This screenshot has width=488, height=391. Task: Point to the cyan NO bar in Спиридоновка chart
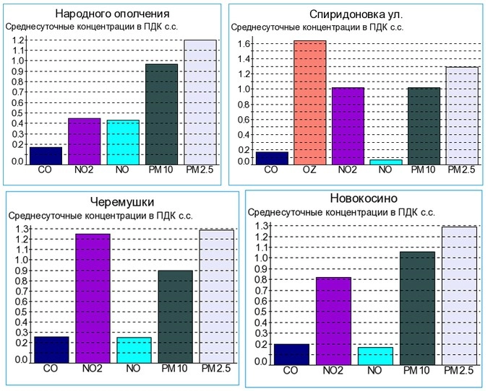[x=385, y=162]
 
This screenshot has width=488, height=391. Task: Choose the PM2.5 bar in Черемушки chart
[x=215, y=296]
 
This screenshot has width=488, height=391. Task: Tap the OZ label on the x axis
[x=309, y=170]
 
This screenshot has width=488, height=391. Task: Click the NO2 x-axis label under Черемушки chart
[x=91, y=369]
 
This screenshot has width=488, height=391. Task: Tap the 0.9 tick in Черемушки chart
[x=21, y=271]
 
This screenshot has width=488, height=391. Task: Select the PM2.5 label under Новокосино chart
[x=458, y=371]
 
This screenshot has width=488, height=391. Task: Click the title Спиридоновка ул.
[x=356, y=14]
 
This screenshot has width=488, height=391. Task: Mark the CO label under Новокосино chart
[x=291, y=371]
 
